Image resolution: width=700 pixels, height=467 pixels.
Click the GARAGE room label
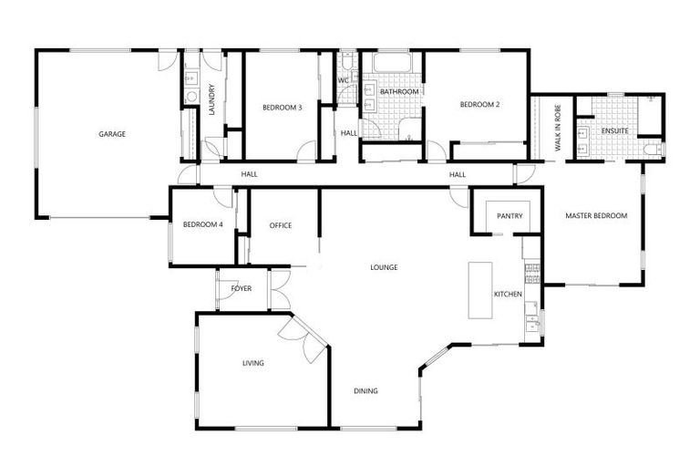112,134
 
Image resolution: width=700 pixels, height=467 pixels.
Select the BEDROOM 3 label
282,108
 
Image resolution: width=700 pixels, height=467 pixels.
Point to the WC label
344,80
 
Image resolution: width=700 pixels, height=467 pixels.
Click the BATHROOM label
399,92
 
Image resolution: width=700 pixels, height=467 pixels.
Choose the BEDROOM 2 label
479,105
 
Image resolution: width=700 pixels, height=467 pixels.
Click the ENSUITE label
613,130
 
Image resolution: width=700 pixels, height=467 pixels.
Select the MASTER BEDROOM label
596,216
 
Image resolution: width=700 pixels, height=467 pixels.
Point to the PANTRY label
509,216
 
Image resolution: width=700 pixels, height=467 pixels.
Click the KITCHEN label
508,295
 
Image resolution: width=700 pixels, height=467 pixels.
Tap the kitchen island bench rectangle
480,290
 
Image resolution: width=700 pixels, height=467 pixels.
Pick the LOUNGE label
384,268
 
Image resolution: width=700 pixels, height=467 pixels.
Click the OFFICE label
281,225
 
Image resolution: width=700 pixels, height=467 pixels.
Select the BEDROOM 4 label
202,225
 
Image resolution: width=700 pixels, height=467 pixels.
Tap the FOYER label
242,288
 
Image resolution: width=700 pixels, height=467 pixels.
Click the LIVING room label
252,363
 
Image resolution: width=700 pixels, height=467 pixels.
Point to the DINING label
365,391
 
